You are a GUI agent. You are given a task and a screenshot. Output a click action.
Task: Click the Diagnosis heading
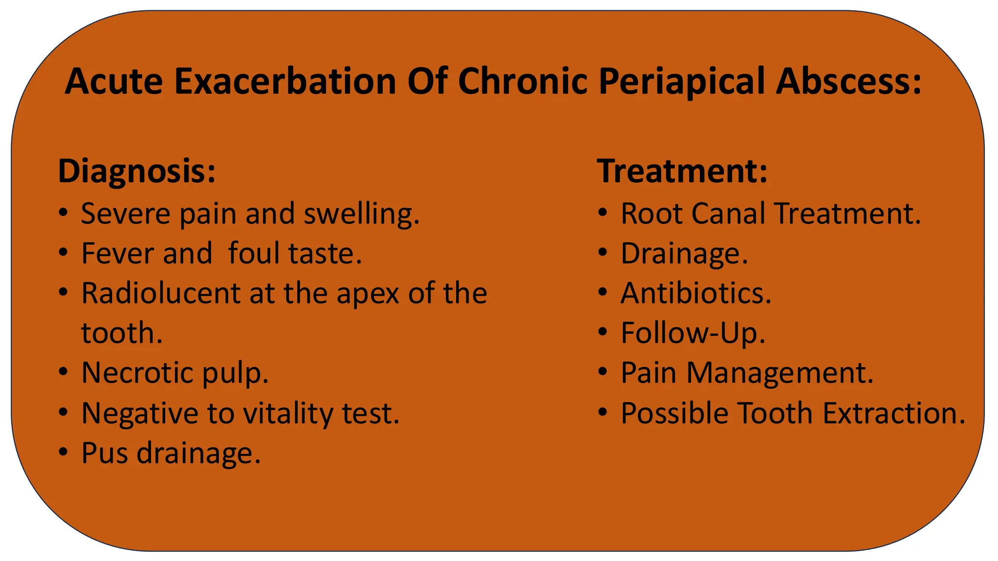tap(136, 171)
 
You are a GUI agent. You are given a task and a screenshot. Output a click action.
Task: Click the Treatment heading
tap(682, 171)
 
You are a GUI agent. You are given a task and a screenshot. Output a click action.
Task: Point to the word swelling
tap(361, 214)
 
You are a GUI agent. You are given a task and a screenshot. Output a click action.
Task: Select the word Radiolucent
tap(160, 293)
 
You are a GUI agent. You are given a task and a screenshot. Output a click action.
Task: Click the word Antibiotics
tap(695, 293)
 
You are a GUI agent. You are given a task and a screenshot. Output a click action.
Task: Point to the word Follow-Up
tap(692, 333)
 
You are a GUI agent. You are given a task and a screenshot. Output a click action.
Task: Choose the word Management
tap(780, 373)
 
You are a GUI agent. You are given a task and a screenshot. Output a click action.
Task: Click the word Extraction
tap(894, 413)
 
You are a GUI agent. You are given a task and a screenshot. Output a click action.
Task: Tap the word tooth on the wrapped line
tap(121, 333)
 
